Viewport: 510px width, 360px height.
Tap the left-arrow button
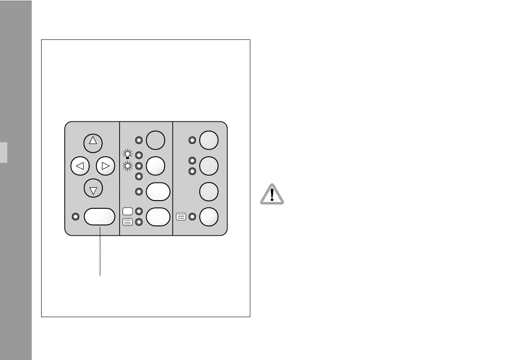pyautogui.click(x=80, y=166)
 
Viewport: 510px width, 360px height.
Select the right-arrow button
pyautogui.click(x=106, y=166)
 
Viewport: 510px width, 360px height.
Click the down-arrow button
pyautogui.click(x=93, y=189)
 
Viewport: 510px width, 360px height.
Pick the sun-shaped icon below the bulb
pyautogui.click(x=127, y=166)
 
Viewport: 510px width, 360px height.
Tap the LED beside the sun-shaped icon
pyautogui.click(x=138, y=166)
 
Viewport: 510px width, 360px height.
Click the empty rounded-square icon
pyautogui.click(x=127, y=211)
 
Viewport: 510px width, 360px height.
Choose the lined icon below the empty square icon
pyautogui.click(x=127, y=222)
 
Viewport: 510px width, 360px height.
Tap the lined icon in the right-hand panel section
pyautogui.click(x=181, y=217)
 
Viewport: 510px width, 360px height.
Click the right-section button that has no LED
pyautogui.click(x=209, y=191)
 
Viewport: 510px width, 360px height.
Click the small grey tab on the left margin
pyautogui.click(x=3, y=153)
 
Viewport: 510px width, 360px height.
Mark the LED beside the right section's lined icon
pyautogui.click(x=192, y=217)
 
